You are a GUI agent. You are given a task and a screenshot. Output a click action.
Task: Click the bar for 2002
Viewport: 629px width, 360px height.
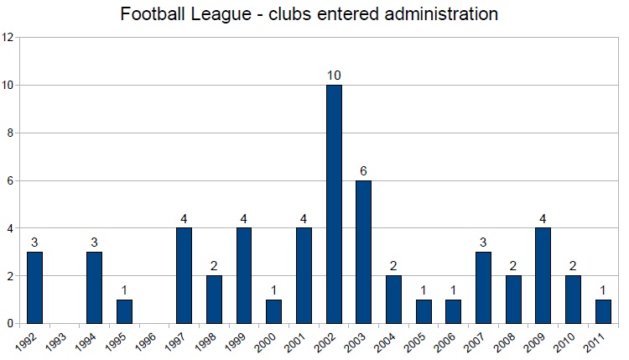click(x=334, y=204)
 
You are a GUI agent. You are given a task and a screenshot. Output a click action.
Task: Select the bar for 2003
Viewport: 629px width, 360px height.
click(x=364, y=252)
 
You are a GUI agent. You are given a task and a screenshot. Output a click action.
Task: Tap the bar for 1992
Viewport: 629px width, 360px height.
click(x=34, y=288)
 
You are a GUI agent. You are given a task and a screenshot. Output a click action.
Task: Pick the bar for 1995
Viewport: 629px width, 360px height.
click(x=124, y=311)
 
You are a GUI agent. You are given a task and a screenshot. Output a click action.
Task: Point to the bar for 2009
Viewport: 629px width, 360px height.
click(x=543, y=275)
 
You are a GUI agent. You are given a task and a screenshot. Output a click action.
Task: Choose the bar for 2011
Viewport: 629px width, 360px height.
click(x=603, y=311)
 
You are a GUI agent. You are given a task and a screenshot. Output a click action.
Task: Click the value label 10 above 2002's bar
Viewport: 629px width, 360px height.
click(x=334, y=76)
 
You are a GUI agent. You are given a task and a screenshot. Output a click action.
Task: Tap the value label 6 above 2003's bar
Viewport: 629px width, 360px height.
click(x=364, y=171)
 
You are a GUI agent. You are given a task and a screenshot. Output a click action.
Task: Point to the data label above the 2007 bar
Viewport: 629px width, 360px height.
click(x=483, y=243)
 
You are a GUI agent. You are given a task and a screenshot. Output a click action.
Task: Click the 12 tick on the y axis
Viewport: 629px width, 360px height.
click(x=8, y=38)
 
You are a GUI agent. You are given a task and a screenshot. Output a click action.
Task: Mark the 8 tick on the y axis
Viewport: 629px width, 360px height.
click(x=8, y=133)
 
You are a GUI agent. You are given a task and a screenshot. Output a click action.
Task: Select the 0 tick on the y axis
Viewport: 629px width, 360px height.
click(x=8, y=323)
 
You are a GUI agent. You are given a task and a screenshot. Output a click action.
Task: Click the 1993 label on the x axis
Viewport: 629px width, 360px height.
click(x=56, y=342)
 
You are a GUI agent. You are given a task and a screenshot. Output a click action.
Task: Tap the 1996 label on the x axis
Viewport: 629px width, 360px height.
click(x=146, y=342)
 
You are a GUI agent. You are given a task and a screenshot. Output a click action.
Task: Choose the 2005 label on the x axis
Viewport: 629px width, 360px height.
click(x=415, y=342)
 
